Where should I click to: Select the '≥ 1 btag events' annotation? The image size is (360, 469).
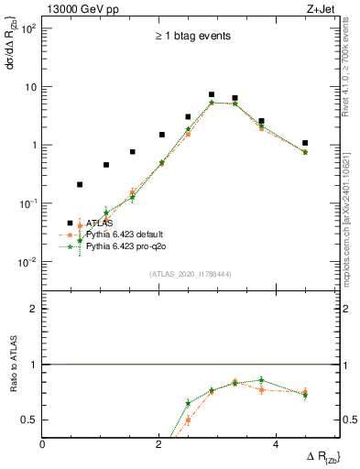(x=191, y=37)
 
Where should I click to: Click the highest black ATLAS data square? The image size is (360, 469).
(x=212, y=94)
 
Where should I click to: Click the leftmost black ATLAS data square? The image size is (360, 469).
(x=80, y=184)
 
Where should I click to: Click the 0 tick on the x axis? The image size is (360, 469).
(x=44, y=444)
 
